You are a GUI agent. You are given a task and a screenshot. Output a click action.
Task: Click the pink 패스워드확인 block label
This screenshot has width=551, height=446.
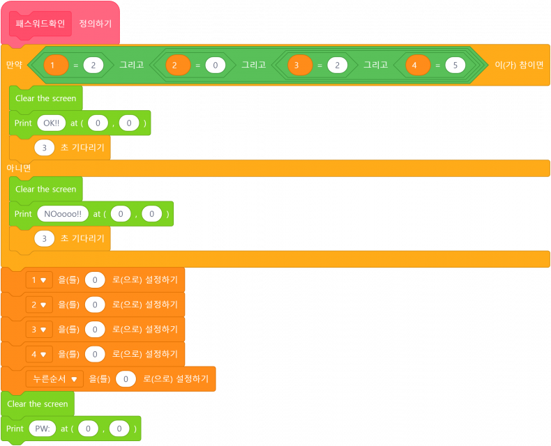click(40, 24)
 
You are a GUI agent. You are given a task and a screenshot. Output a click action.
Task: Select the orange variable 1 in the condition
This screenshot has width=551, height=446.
click(55, 65)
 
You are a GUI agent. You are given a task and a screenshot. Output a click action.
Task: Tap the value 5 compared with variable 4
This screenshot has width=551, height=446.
click(455, 65)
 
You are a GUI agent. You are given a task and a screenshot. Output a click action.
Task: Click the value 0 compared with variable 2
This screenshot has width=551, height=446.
click(216, 65)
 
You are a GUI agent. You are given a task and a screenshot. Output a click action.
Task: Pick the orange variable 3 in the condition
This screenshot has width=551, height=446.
click(299, 65)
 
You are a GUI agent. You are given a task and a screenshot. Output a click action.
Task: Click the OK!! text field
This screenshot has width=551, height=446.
click(52, 123)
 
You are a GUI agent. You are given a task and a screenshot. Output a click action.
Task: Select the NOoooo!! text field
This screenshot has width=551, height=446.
click(63, 214)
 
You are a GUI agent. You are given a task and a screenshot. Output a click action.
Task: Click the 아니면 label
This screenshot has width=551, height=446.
click(19, 168)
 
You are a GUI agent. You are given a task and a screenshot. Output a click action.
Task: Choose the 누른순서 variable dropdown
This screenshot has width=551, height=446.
click(54, 379)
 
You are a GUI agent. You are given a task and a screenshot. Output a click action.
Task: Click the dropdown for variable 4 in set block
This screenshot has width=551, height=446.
click(38, 354)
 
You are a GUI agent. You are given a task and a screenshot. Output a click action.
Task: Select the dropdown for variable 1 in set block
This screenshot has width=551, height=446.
click(38, 280)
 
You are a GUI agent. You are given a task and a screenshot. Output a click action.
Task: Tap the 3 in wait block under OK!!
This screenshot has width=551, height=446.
click(45, 148)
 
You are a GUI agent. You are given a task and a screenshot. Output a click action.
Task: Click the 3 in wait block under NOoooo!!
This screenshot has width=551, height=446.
click(45, 238)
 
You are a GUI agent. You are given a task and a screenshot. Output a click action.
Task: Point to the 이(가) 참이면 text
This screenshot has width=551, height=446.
click(518, 65)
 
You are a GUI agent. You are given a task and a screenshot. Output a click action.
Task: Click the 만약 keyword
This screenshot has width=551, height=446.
click(14, 65)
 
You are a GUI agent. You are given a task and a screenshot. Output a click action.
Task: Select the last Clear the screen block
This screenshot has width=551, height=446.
click(38, 404)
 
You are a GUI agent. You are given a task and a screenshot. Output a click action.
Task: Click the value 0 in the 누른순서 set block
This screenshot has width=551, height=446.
click(126, 379)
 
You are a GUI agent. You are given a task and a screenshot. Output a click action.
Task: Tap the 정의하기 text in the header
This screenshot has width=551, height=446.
click(95, 24)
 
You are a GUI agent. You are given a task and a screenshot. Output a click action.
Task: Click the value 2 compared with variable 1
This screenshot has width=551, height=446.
click(93, 65)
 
